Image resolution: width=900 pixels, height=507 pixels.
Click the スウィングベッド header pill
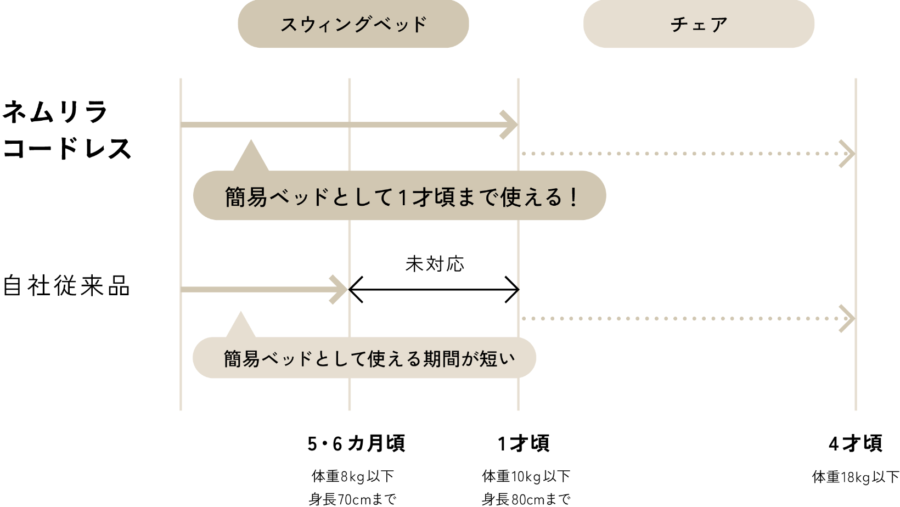pyautogui.click(x=353, y=24)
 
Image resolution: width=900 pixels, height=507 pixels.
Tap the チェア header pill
pyautogui.click(x=699, y=24)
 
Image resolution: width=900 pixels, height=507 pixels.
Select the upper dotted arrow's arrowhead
pyautogui.click(x=848, y=154)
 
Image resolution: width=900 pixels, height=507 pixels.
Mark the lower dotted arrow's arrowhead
pyautogui.click(x=848, y=318)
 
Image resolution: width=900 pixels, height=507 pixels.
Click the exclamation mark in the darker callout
pyautogui.click(x=574, y=197)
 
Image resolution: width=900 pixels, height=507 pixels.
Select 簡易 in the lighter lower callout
pyautogui.click(x=241, y=359)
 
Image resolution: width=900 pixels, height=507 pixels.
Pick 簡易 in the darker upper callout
pyautogui.click(x=246, y=197)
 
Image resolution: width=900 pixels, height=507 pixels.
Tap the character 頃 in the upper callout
pyautogui.click(x=443, y=197)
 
